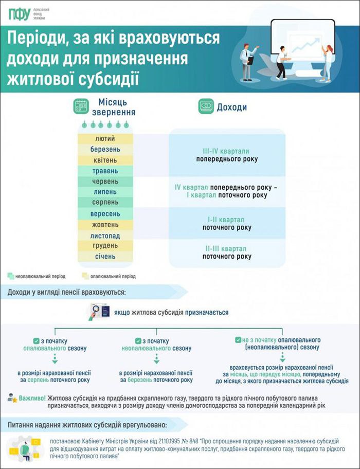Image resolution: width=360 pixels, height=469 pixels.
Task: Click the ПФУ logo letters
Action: coord(19,14)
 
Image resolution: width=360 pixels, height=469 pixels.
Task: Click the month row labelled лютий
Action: coord(105,139)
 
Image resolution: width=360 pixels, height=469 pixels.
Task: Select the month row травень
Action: coord(105,171)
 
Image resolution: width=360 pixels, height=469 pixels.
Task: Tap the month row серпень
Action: coord(105,203)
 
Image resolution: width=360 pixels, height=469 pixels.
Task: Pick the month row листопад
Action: coord(105,235)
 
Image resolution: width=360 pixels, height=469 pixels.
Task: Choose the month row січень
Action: coord(105,256)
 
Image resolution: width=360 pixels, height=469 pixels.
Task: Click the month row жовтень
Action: coord(105,224)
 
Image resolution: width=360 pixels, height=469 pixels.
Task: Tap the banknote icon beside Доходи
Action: coord(206,107)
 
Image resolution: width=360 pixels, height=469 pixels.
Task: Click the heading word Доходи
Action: coord(232,107)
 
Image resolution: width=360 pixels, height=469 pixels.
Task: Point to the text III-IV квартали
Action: coord(226,151)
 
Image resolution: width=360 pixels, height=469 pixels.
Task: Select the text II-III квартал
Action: coord(226,248)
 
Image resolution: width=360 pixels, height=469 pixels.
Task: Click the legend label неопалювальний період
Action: coord(36,276)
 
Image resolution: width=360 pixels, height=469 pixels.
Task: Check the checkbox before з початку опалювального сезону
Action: coord(36,340)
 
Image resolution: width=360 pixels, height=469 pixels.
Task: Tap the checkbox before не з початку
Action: coord(238,340)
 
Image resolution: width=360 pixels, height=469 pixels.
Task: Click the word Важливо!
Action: coord(32,398)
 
